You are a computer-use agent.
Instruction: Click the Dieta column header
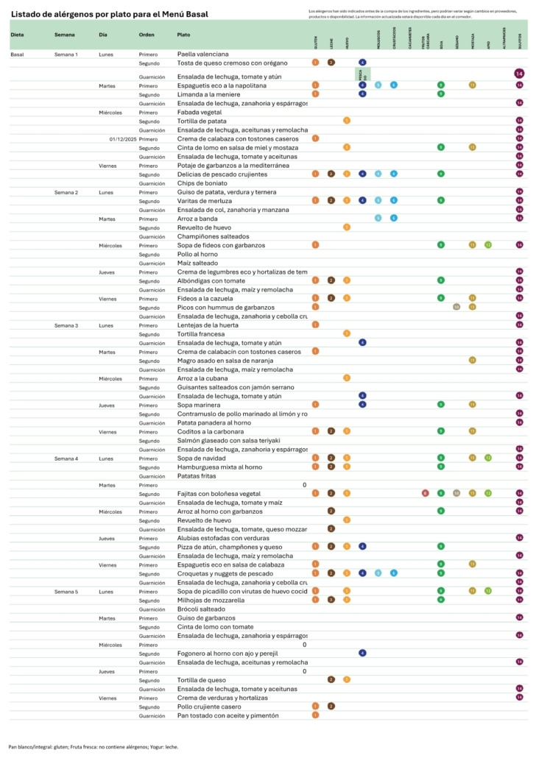(17, 35)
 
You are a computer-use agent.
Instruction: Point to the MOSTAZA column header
(472, 40)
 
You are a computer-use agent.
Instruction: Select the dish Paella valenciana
(203, 54)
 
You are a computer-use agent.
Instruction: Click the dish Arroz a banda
(197, 219)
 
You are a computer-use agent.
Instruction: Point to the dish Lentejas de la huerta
(207, 325)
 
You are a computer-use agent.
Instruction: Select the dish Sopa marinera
(200, 405)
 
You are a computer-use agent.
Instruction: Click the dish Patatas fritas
(197, 476)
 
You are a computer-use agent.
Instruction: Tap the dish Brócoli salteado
(200, 609)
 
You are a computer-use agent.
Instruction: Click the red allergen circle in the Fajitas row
(425, 493)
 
